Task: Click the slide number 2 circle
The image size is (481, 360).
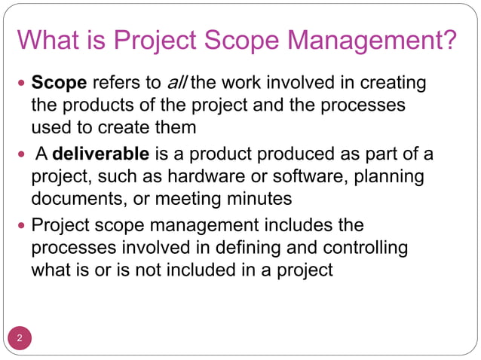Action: (20, 337)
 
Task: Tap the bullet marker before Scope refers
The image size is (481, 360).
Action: (20, 81)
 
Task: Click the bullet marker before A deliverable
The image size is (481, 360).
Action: (20, 155)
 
